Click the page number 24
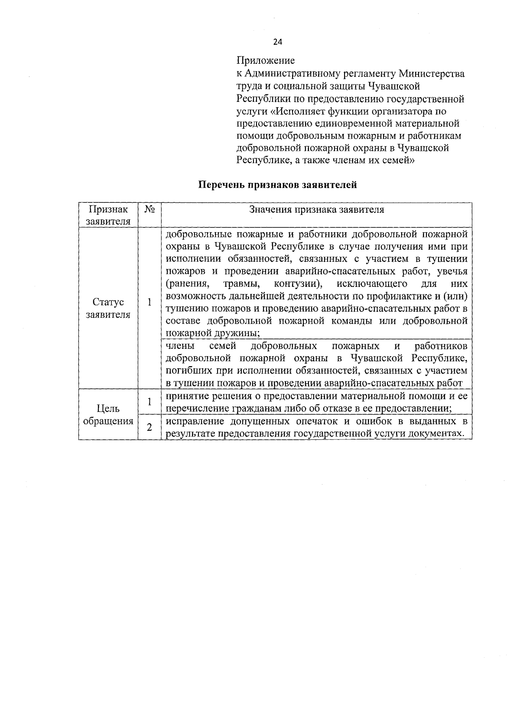278,42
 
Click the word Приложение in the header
265,61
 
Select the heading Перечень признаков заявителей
277,185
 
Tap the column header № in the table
149,210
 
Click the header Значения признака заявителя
316,210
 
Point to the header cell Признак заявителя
108,215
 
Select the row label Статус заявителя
108,308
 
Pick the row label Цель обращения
108,415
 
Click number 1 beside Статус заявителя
149,302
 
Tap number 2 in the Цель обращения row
149,427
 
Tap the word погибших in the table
185,371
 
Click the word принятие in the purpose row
185,396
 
